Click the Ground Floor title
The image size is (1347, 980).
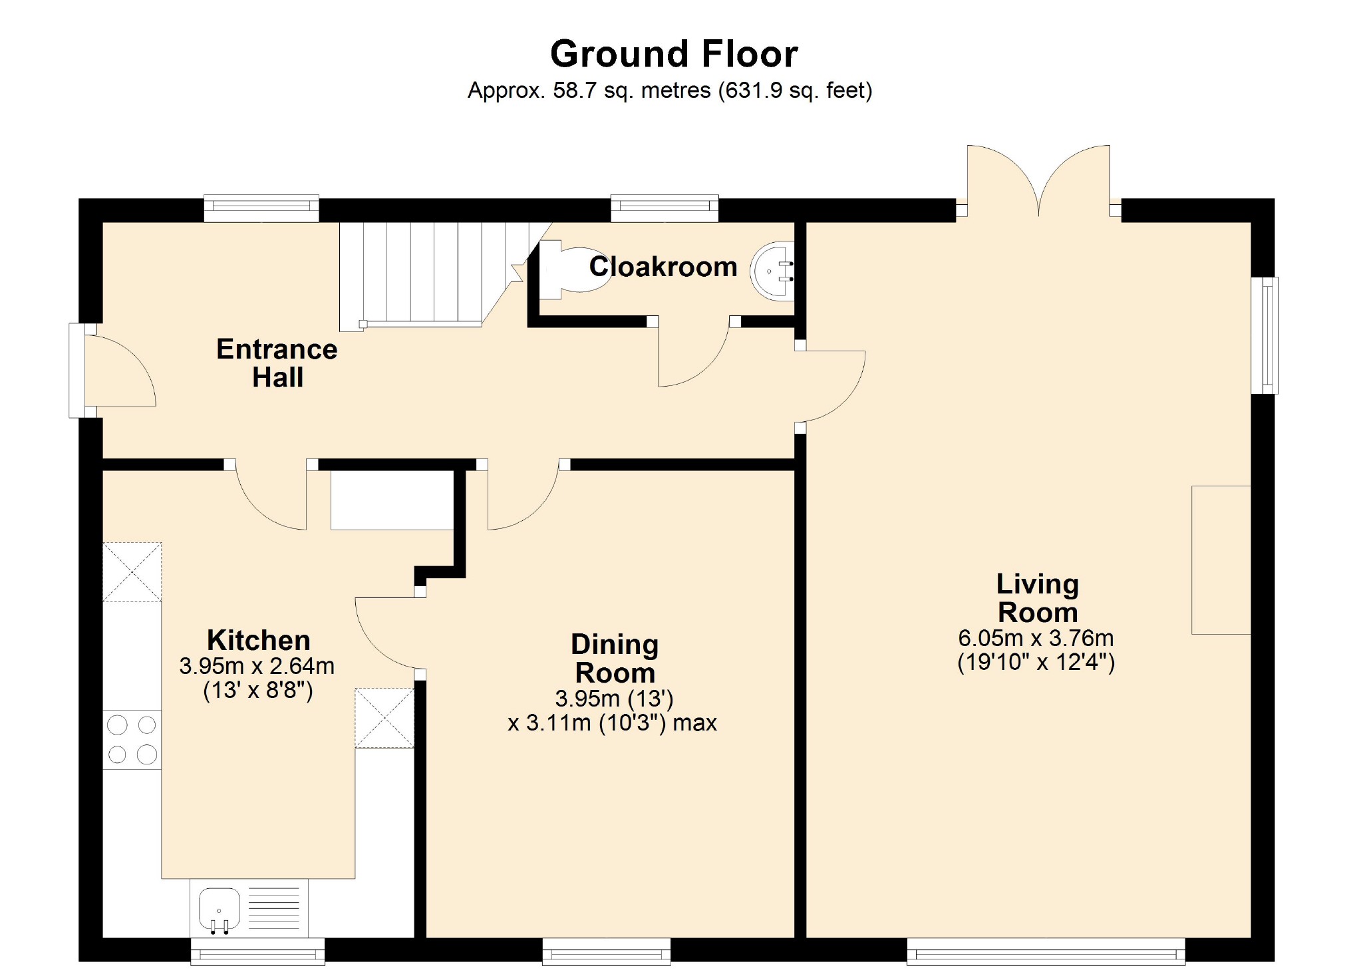(x=674, y=53)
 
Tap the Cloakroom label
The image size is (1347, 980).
(x=663, y=267)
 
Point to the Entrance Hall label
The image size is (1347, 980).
(x=277, y=363)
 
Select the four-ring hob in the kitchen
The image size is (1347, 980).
(x=132, y=739)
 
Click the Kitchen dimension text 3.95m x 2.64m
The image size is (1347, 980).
(x=257, y=666)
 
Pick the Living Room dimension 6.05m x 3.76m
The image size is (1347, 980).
(x=1036, y=638)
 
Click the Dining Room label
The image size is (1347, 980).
(x=615, y=659)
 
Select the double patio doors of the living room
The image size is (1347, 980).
(x=1038, y=180)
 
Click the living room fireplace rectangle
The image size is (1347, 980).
(x=1221, y=560)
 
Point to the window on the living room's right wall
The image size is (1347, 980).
(x=1265, y=335)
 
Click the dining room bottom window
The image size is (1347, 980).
(x=607, y=951)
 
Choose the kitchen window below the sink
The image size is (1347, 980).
(x=258, y=951)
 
